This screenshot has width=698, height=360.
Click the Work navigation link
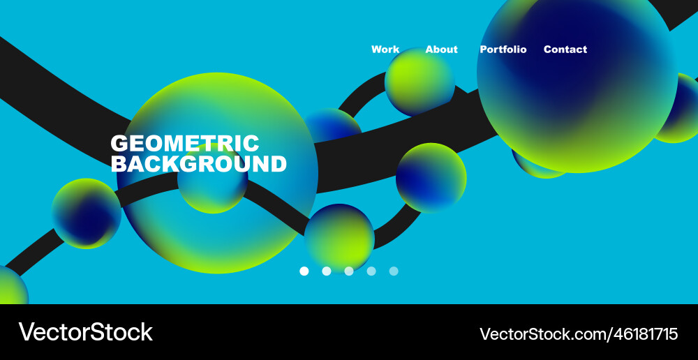tap(385, 50)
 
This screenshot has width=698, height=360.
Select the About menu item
tap(441, 50)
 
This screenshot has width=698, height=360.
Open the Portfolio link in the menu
tap(503, 50)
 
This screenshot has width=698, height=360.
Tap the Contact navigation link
tap(565, 50)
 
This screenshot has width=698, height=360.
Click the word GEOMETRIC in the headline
tap(185, 143)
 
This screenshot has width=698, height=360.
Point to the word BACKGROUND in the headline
tap(198, 164)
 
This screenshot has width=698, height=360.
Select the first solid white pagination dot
tap(304, 271)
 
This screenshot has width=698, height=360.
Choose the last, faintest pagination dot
tap(394, 271)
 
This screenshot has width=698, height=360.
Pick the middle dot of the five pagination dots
tap(349, 271)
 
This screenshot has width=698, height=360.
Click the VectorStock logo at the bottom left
tap(85, 332)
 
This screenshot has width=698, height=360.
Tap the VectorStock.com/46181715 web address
tap(578, 333)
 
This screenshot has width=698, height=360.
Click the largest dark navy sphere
tap(577, 73)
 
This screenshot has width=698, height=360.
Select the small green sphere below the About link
tap(419, 82)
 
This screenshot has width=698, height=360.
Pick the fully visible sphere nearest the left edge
tap(87, 213)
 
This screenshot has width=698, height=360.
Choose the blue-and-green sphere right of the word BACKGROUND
tap(431, 178)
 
